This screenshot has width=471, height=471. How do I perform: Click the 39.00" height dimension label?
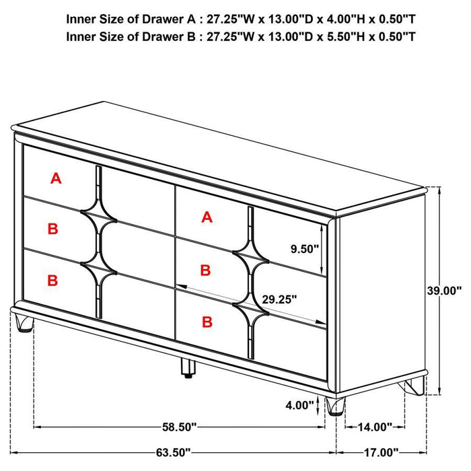click(444, 291)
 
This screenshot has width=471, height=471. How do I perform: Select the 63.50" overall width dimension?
click(171, 452)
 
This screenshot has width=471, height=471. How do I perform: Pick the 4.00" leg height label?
click(299, 405)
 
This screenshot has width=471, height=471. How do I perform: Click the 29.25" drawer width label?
click(277, 300)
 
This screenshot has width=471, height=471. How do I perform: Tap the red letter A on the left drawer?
click(56, 178)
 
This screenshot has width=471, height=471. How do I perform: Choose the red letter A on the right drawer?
click(207, 217)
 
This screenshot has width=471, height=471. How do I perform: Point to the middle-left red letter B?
click(53, 229)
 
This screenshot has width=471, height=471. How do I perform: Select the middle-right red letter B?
click(206, 270)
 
